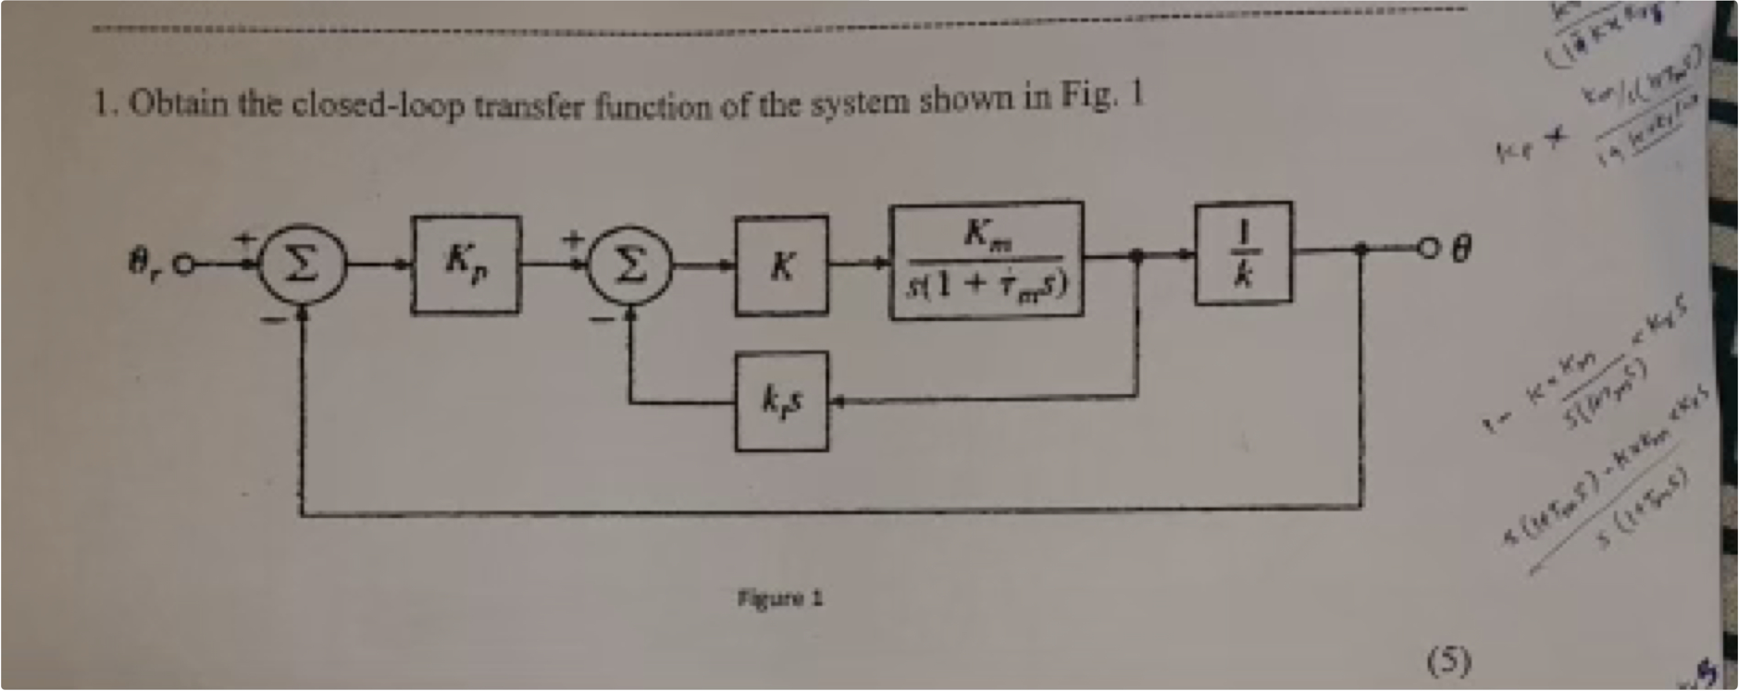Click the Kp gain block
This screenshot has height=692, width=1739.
pos(466,265)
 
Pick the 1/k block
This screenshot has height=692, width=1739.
pos(1243,253)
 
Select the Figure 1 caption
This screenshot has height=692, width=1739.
pos(780,598)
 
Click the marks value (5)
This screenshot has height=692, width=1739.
pos(1449,662)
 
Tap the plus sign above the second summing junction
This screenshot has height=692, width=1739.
pos(574,238)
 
